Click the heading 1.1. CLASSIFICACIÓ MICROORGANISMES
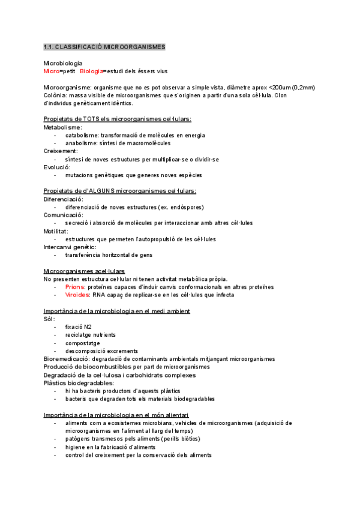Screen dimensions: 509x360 [105, 47]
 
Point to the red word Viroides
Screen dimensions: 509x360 [78, 295]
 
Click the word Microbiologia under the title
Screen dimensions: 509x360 [64, 63]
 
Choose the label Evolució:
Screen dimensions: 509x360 [56, 167]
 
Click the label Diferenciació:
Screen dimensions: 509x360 [64, 199]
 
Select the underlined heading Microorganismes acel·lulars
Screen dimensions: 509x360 [84, 271]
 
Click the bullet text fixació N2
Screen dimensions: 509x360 [79, 327]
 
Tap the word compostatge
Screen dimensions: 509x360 [83, 343]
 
